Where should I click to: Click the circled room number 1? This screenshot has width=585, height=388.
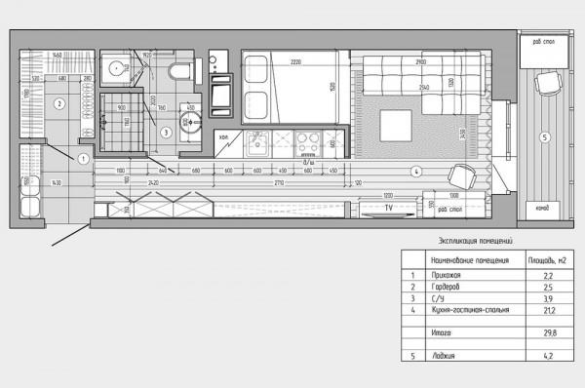tap(84, 158)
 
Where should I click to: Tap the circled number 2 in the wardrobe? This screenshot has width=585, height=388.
tap(58, 103)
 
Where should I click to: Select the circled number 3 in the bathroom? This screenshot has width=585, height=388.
tap(167, 132)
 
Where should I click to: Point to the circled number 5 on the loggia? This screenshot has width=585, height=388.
tap(545, 136)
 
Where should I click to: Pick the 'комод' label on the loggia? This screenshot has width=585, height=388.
tap(541, 208)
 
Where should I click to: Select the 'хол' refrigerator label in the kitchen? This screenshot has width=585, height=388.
tap(223, 136)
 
